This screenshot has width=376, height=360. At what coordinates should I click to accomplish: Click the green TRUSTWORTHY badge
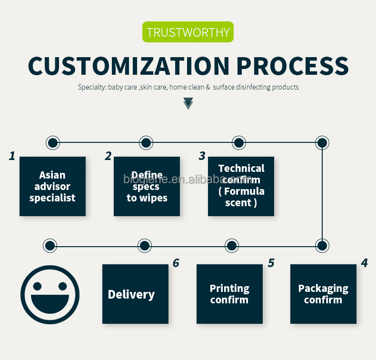tap(188, 32)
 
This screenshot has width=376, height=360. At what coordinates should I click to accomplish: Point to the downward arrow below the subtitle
tap(188, 103)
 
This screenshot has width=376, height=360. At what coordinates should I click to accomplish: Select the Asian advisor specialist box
tap(52, 186)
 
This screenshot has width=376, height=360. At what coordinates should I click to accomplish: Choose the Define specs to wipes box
tap(147, 186)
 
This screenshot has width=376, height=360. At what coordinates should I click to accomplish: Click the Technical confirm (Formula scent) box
tap(241, 186)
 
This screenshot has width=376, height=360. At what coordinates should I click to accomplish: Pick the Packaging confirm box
tap(323, 294)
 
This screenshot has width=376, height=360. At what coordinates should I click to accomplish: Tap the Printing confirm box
tap(229, 294)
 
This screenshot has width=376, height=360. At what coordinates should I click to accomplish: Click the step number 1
tap(12, 156)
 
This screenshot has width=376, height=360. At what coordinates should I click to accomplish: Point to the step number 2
tap(108, 156)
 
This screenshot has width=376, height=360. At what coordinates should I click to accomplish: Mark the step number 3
tap(202, 156)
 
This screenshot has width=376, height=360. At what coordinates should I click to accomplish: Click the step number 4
tap(364, 263)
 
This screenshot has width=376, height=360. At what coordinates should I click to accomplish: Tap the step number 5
tap(271, 263)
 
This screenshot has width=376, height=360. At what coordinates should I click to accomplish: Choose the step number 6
tap(176, 263)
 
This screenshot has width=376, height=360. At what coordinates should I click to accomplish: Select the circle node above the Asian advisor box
tap(53, 142)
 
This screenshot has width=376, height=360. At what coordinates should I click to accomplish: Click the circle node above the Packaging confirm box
tap(322, 246)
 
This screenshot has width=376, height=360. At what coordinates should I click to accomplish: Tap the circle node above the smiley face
tap(50, 246)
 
